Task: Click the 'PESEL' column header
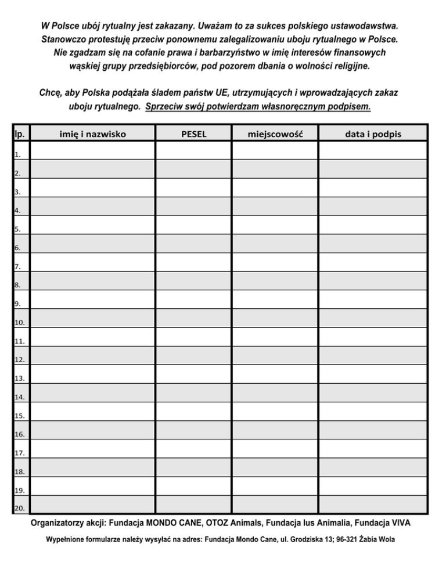194,134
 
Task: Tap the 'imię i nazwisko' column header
93,134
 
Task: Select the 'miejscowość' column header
275,134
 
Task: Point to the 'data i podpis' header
373,134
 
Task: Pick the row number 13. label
19,378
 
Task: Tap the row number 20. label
19,509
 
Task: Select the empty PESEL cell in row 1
194,150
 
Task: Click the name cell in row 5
93,225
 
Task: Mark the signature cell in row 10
373,318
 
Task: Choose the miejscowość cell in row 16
275,429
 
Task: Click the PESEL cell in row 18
194,466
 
